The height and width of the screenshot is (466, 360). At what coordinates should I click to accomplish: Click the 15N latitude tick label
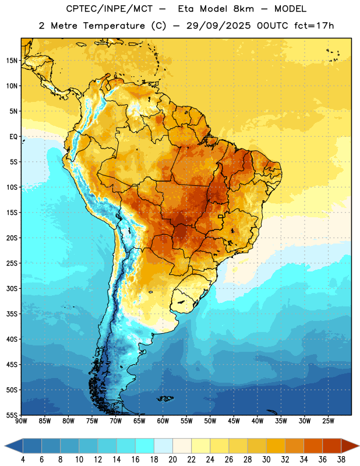tap(12, 61)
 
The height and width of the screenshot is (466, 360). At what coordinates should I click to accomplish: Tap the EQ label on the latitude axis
tap(13, 137)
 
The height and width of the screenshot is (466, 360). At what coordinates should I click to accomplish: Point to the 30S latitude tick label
tap(12, 288)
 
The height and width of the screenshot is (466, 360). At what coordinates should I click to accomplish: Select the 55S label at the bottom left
tap(12, 415)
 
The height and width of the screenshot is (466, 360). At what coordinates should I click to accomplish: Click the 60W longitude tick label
tap(163, 421)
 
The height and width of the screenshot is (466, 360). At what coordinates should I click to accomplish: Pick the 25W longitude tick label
tap(328, 421)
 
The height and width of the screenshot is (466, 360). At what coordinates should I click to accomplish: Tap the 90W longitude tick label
tap(21, 421)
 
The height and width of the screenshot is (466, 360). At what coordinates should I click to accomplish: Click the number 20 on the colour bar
tap(172, 460)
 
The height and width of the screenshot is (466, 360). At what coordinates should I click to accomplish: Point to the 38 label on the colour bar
tap(341, 460)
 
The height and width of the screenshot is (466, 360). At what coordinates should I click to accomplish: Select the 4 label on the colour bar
tap(23, 460)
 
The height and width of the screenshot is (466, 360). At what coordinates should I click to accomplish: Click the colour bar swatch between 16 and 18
tap(145, 446)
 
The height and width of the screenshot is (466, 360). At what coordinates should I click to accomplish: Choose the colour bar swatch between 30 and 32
tap(276, 446)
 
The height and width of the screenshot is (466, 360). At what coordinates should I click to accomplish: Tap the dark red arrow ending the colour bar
tap(350, 446)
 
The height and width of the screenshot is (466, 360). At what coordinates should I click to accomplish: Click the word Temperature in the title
tap(114, 26)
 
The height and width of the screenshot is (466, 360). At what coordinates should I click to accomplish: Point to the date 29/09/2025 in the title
tap(218, 26)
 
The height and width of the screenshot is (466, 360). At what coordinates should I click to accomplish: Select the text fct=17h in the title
tap(314, 26)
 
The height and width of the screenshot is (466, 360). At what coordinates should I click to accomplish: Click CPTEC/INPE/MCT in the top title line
tap(109, 9)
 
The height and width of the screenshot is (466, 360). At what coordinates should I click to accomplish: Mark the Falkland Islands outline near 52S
tap(165, 398)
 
